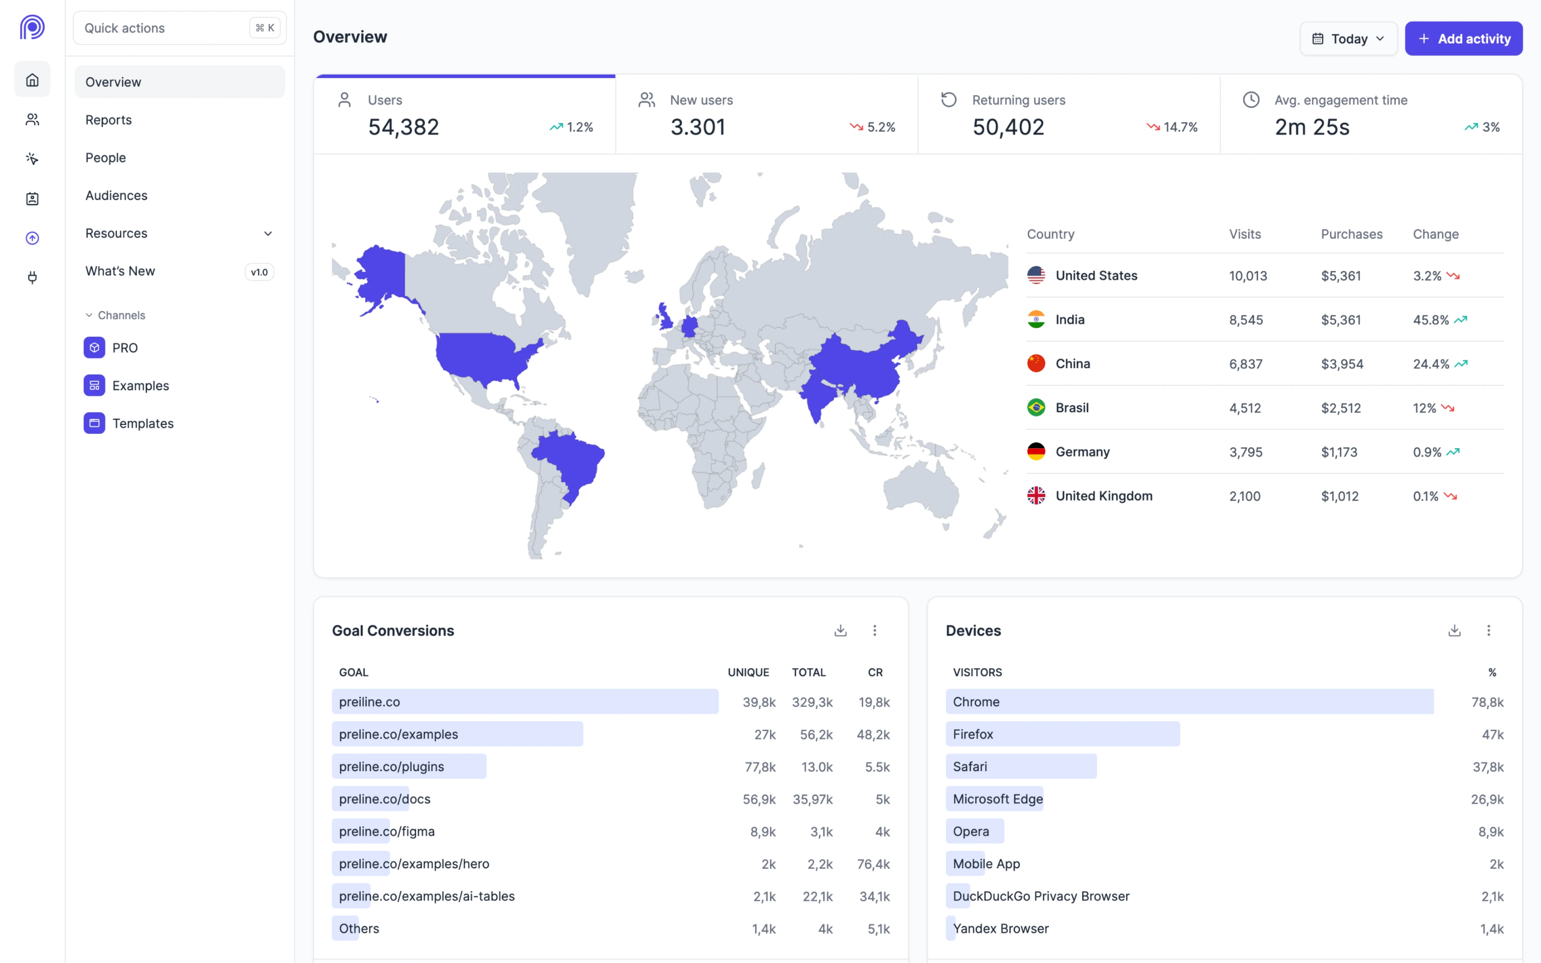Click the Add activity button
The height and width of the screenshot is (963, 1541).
(x=1463, y=39)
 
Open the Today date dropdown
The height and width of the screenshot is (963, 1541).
(x=1348, y=39)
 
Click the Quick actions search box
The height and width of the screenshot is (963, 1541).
(x=166, y=28)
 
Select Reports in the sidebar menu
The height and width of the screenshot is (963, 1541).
(x=109, y=120)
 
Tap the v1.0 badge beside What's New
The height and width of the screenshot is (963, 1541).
(x=259, y=272)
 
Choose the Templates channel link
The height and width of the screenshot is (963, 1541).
(x=142, y=424)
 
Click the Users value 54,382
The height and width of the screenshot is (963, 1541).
(x=404, y=127)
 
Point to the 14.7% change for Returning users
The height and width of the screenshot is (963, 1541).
(x=1179, y=127)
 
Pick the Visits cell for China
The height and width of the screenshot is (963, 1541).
(x=1246, y=364)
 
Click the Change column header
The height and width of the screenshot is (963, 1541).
(x=1435, y=234)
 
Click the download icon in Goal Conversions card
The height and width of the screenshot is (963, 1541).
(x=841, y=630)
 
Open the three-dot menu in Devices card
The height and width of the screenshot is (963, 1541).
(x=1488, y=630)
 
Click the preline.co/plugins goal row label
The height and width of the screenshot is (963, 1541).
(x=392, y=767)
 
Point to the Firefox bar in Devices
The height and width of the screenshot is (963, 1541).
(x=1062, y=734)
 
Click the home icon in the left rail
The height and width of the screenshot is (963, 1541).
(x=33, y=80)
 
